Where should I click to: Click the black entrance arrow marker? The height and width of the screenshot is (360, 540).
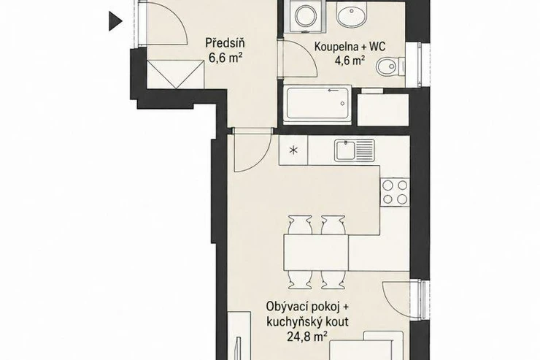tap(115, 21)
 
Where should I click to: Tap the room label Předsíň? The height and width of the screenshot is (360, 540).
tap(225, 43)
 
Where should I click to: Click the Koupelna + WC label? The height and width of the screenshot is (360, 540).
tap(350, 47)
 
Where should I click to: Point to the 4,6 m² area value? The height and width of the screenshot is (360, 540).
tap(350, 61)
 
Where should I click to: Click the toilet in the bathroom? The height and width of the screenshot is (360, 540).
tap(390, 66)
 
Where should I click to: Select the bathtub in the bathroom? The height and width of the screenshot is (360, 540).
tap(317, 104)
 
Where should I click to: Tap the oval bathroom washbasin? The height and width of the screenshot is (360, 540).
tap(352, 15)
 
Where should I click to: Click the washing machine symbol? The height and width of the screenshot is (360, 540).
tap(305, 16)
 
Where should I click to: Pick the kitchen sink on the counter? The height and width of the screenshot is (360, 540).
tap(355, 150)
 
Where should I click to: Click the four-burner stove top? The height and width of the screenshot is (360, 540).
tap(395, 192)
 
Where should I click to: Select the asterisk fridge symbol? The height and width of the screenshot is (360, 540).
tap(293, 150)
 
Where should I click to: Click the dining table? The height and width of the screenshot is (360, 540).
tap(316, 253)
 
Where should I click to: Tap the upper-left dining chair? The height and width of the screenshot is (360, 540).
tap(300, 225)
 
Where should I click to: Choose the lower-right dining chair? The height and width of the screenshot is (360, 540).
tap(333, 280)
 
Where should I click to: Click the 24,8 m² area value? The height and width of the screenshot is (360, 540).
tap(307, 337)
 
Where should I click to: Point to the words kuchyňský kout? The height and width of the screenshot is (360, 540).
tap(307, 321)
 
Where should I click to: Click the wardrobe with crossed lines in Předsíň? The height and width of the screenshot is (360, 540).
tap(176, 74)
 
